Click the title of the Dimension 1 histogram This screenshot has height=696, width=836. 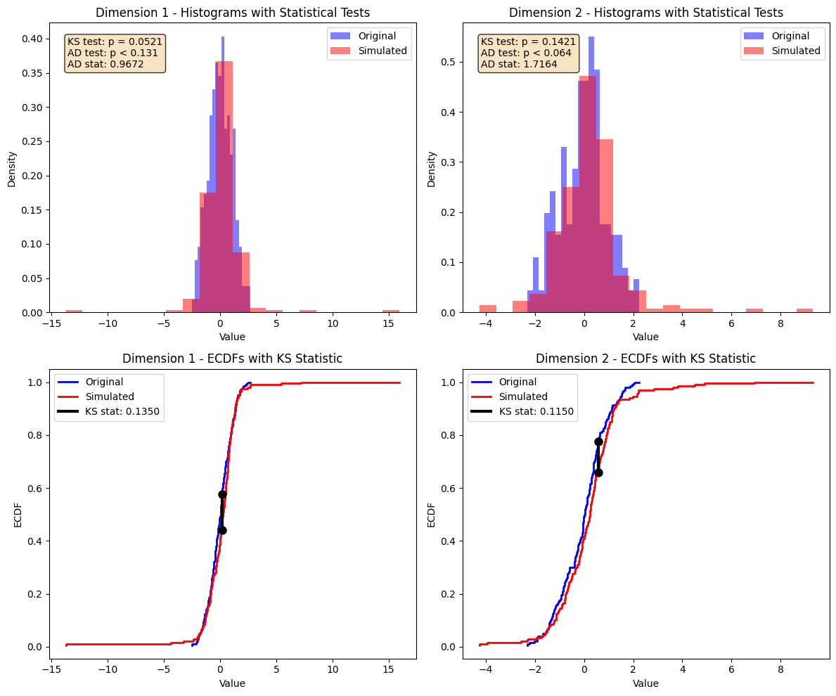[x=233, y=13]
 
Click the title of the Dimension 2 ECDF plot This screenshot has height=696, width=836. [x=645, y=359]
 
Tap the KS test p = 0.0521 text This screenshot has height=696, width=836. [x=115, y=41]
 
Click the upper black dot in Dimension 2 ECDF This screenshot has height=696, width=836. [x=598, y=442]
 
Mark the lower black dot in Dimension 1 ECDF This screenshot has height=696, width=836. [x=222, y=530]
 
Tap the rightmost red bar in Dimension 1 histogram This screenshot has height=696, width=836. [x=391, y=311]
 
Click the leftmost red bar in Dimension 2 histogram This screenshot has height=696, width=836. [x=488, y=309]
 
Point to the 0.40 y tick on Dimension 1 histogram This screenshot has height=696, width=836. [x=34, y=39]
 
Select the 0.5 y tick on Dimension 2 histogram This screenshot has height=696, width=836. [x=451, y=62]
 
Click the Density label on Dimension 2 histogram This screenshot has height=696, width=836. [x=432, y=169]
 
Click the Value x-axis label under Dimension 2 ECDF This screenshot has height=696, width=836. [x=645, y=683]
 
